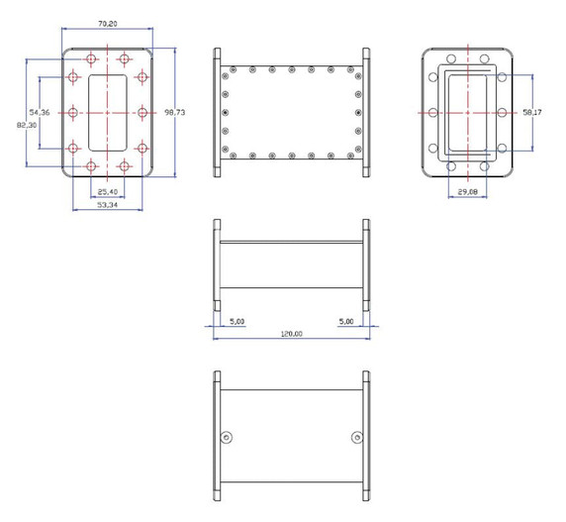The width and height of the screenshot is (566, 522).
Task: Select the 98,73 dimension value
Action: click(174, 113)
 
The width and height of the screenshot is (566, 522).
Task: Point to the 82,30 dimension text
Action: click(26, 125)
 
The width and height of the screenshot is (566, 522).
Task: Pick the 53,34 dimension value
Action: click(108, 206)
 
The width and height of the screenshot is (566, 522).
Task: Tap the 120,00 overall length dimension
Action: click(291, 334)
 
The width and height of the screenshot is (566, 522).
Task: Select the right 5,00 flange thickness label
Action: click(346, 321)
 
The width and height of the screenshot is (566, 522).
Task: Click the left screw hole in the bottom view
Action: click(228, 438)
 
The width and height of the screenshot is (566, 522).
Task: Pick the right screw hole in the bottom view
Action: click(356, 438)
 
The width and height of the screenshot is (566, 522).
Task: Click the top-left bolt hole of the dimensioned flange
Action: click(92, 55)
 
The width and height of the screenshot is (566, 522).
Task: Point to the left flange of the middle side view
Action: click(217, 265)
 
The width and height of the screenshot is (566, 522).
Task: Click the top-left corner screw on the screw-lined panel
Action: click(231, 70)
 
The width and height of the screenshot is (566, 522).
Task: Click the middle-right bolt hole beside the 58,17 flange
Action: click(503, 112)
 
